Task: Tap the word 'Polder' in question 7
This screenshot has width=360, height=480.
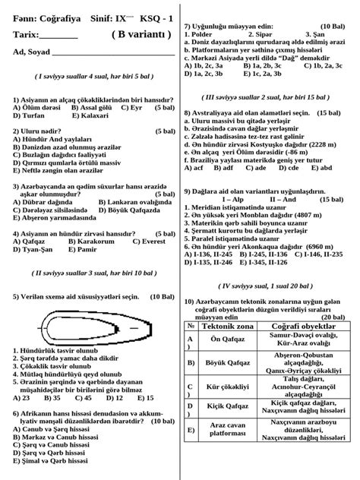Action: (x=202, y=34)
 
